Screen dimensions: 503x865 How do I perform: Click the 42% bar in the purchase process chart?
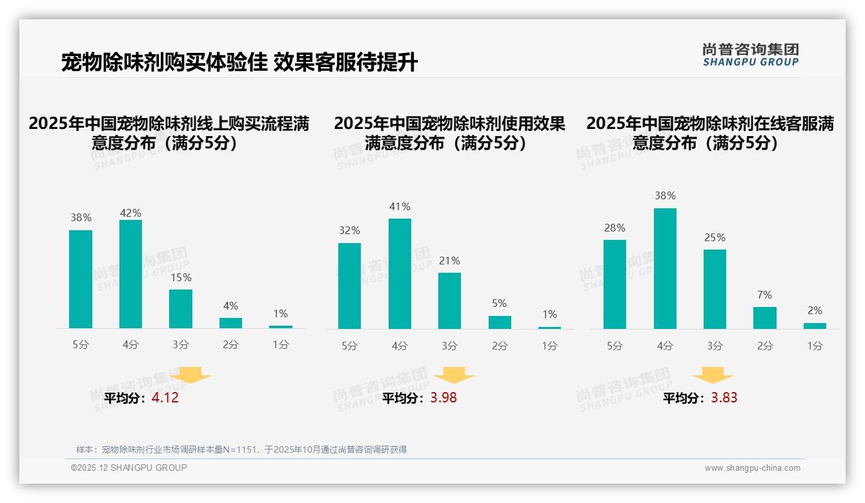coord(130,274)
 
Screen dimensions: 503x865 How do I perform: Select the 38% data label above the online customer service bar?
coord(665,195)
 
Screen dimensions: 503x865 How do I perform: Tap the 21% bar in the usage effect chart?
coord(449,301)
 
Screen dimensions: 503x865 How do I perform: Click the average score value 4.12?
coord(165,398)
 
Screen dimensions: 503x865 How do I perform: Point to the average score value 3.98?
coord(443,398)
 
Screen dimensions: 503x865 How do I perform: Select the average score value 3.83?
coord(724,398)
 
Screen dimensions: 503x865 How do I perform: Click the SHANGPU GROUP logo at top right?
coord(751,55)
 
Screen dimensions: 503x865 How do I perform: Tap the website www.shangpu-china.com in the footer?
coord(752,468)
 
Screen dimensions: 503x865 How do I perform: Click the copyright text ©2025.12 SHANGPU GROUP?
coord(129,468)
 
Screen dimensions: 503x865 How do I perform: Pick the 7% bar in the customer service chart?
coord(765,318)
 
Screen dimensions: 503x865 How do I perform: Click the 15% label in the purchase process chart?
coord(181,278)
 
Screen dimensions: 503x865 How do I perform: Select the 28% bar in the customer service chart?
coord(615,284)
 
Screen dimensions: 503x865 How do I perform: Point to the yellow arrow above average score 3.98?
coord(454,375)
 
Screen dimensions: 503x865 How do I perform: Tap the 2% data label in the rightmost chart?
coord(815,311)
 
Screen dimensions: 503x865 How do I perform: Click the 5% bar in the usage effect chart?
coord(500,322)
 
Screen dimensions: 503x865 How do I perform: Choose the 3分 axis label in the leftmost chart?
coord(181,345)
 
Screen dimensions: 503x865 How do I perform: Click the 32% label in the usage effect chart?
coord(349,230)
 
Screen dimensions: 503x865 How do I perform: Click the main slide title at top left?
coord(239,63)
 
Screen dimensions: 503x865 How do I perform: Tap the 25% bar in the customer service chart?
coord(715,289)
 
